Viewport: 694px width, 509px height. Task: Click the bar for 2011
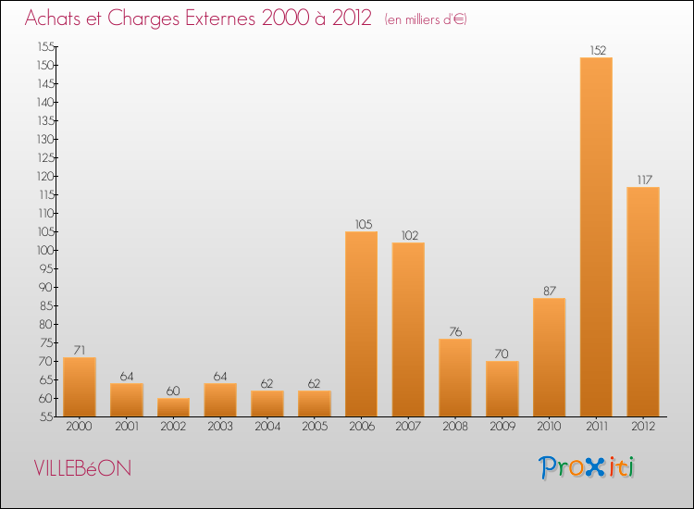point(596,237)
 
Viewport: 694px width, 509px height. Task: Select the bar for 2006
point(361,324)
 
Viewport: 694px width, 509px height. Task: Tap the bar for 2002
point(173,407)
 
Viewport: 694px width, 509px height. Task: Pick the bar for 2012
point(643,302)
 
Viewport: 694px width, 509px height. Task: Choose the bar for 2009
point(502,389)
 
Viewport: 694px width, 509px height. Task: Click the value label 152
point(597,50)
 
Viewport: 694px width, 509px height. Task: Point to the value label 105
point(362,224)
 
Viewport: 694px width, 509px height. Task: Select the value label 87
point(550,291)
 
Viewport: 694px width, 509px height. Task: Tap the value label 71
point(80,350)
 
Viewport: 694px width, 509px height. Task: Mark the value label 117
point(643,180)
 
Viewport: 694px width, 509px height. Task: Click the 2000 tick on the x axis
point(80,427)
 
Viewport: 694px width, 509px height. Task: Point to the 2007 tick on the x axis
point(408,427)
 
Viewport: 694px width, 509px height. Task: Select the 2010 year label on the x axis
point(550,427)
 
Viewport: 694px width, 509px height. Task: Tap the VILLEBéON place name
point(82,468)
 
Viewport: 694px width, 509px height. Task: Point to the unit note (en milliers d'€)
point(426,20)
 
